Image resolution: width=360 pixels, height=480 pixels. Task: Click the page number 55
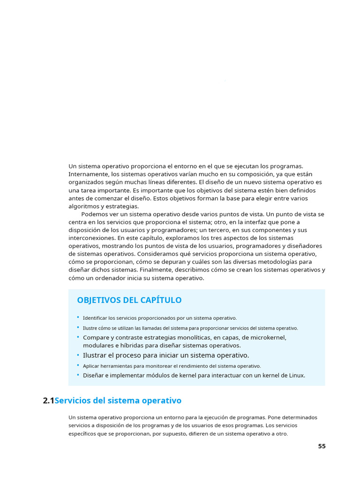(322, 446)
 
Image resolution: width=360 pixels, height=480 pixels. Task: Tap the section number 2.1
(48, 401)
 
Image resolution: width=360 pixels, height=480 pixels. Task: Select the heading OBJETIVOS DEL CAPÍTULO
(129, 300)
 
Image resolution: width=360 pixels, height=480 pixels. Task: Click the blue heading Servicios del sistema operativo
(118, 401)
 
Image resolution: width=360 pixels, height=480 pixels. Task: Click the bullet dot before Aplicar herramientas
(78, 365)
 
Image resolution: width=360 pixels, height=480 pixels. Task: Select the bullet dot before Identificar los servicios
(78, 317)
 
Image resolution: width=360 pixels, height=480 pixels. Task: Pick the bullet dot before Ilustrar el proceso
(78, 355)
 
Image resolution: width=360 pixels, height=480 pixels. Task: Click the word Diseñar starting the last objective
(95, 375)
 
